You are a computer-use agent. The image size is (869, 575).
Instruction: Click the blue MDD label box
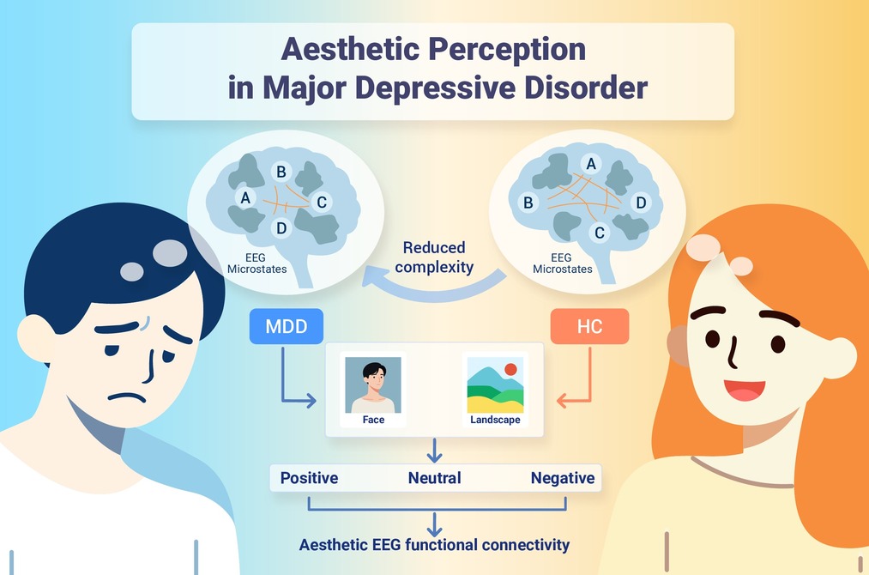pyautogui.click(x=286, y=326)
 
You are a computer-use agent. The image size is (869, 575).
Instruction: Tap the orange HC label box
pyautogui.click(x=589, y=326)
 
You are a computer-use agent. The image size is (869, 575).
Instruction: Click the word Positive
pyautogui.click(x=309, y=478)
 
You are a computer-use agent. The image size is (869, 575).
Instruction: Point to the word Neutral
pyautogui.click(x=434, y=478)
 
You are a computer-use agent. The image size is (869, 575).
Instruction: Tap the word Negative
pyautogui.click(x=563, y=478)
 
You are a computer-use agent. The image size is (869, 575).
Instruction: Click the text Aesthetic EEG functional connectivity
pyautogui.click(x=434, y=545)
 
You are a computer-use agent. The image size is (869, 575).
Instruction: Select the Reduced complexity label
pyautogui.click(x=434, y=257)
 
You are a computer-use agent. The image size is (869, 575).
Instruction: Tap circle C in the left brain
pyautogui.click(x=322, y=203)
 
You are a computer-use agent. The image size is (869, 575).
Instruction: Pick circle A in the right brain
pyautogui.click(x=591, y=164)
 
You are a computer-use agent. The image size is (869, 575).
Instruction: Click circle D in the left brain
pyautogui.click(x=281, y=228)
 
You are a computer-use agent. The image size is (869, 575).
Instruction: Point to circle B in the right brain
pyautogui.click(x=528, y=203)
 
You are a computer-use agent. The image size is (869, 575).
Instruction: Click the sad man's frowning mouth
pyautogui.click(x=128, y=397)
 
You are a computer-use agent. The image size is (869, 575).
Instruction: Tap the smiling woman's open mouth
pyautogui.click(x=745, y=390)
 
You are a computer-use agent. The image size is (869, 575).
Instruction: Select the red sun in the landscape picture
pyautogui.click(x=510, y=369)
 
